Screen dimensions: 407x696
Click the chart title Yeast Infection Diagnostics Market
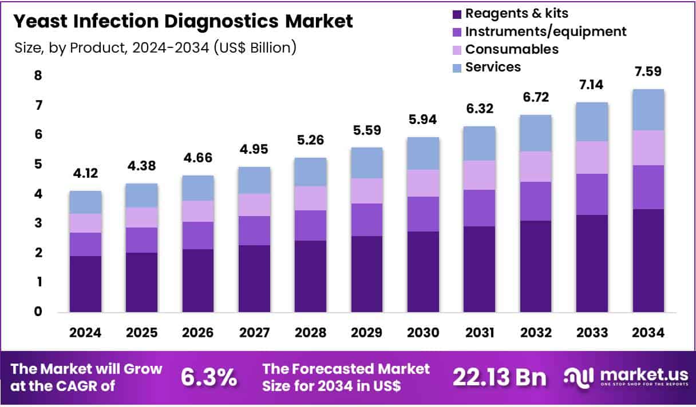[x=183, y=22]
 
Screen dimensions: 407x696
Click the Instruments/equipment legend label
[x=545, y=31]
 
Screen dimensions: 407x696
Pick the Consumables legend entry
[x=512, y=49]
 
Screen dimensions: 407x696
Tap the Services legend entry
[x=493, y=67]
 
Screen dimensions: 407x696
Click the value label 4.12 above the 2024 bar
[x=86, y=174]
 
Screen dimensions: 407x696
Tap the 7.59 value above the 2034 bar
[x=648, y=72]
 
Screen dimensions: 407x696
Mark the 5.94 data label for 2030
[x=423, y=121]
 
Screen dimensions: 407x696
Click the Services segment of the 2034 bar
[x=648, y=110]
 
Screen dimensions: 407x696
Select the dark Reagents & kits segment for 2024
[x=86, y=284]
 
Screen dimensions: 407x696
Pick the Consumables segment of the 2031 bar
[x=479, y=175]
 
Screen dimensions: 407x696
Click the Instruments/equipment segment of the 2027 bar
[x=254, y=230]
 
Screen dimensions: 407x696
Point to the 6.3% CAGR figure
[x=209, y=377]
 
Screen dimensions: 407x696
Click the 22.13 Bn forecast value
[x=499, y=377]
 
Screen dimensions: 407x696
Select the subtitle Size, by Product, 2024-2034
[x=155, y=47]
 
